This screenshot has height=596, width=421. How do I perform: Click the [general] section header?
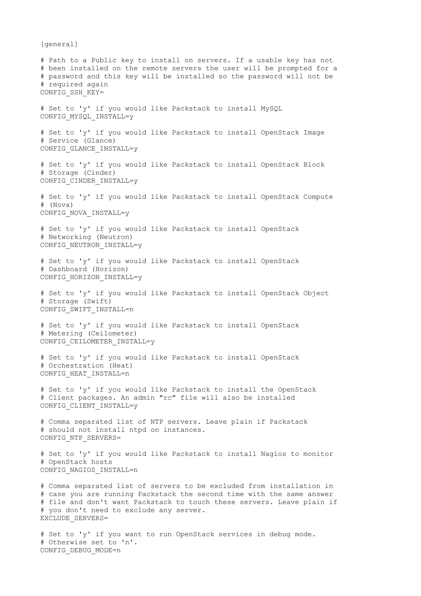59,44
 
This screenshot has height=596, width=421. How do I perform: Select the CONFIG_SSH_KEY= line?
72,92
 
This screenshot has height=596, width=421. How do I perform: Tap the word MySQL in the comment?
271,109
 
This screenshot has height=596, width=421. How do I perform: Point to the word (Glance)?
100,141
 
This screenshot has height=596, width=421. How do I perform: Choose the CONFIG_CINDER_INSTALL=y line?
89,181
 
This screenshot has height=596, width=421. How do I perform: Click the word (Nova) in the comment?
61,205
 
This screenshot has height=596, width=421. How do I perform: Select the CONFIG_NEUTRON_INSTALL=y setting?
91,245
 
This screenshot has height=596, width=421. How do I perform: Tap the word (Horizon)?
110,269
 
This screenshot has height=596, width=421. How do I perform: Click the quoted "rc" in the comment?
168,398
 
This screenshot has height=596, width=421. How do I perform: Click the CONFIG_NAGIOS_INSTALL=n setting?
89,470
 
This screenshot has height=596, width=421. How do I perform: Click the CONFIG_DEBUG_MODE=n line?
80,550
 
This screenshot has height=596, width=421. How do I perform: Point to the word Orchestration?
76,365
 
